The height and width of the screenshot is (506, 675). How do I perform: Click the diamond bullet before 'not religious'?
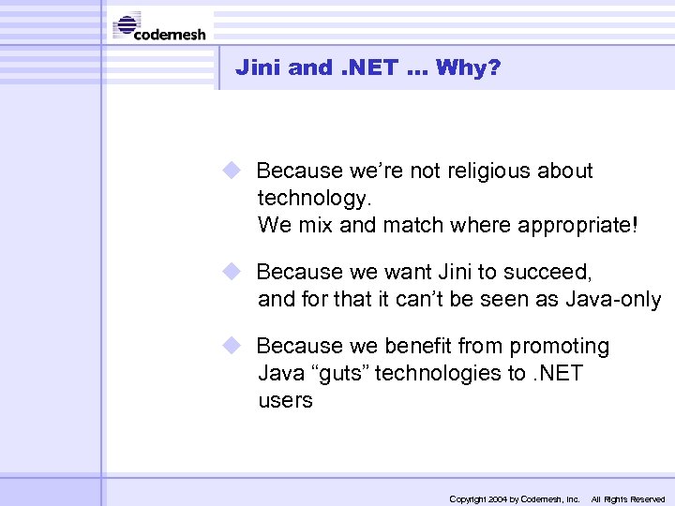point(232,170)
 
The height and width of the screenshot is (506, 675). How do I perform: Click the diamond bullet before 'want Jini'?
point(232,271)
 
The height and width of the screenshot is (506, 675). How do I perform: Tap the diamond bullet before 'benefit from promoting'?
point(232,345)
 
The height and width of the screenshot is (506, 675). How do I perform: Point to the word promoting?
point(559,347)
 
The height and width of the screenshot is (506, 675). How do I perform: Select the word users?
point(285,401)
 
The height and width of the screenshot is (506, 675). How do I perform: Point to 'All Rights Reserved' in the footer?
point(627,499)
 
